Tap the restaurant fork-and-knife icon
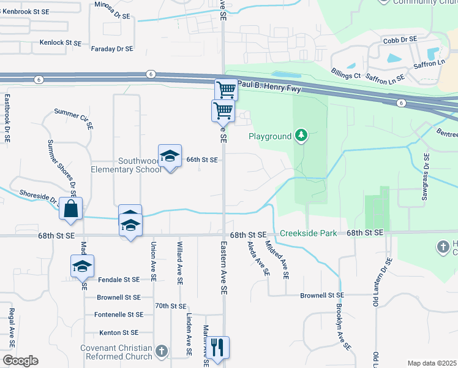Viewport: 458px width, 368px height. pos(217,347)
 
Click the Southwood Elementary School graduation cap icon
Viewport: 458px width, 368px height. pos(170,156)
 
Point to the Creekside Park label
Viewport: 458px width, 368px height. pos(309,234)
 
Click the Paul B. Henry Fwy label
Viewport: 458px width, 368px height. pos(271,84)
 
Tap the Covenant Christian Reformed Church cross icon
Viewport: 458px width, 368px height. pos(161,351)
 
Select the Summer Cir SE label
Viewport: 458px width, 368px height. pos(73,118)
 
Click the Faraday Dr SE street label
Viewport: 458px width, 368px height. pos(111,48)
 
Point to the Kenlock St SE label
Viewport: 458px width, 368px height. pos(61,43)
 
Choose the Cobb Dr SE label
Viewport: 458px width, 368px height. pos(400,39)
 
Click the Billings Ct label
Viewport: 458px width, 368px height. pos(345,73)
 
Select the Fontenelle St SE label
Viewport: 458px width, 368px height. pos(119,314)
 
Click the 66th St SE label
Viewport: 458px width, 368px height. pos(202,159)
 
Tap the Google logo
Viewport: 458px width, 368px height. pos(20,361)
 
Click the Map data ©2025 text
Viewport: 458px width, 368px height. pos(432,363)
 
